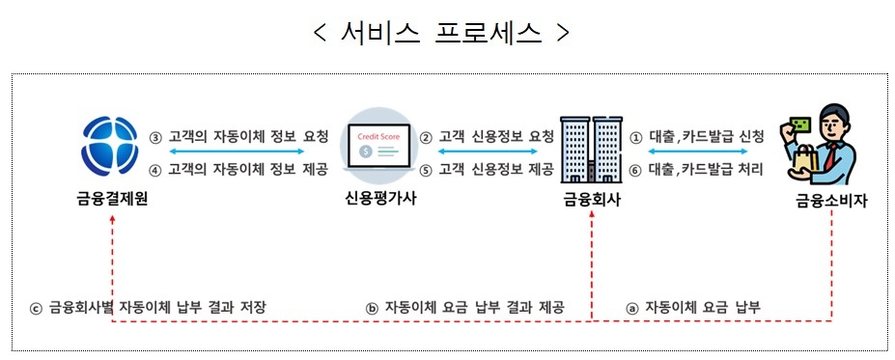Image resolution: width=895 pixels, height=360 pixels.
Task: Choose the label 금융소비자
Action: pos(829,202)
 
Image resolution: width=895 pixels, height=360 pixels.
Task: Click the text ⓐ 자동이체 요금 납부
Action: pos(693,307)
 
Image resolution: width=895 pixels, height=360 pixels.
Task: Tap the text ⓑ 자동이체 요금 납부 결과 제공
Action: pos(465,307)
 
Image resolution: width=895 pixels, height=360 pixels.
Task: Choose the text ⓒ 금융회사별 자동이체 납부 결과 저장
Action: pos(148,307)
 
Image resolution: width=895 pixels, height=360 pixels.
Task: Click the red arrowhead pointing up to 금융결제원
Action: pos(114,220)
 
